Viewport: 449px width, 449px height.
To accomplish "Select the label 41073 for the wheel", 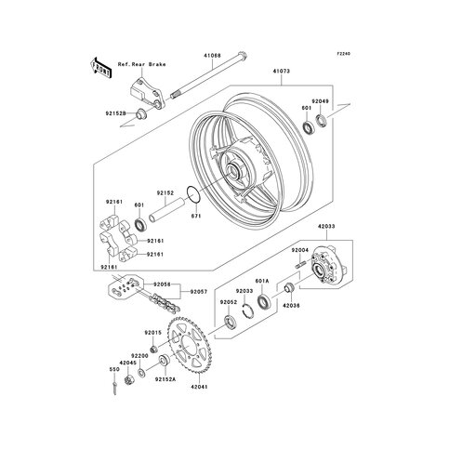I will coord(281,68).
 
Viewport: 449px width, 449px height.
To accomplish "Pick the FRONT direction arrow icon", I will coord(99,67).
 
